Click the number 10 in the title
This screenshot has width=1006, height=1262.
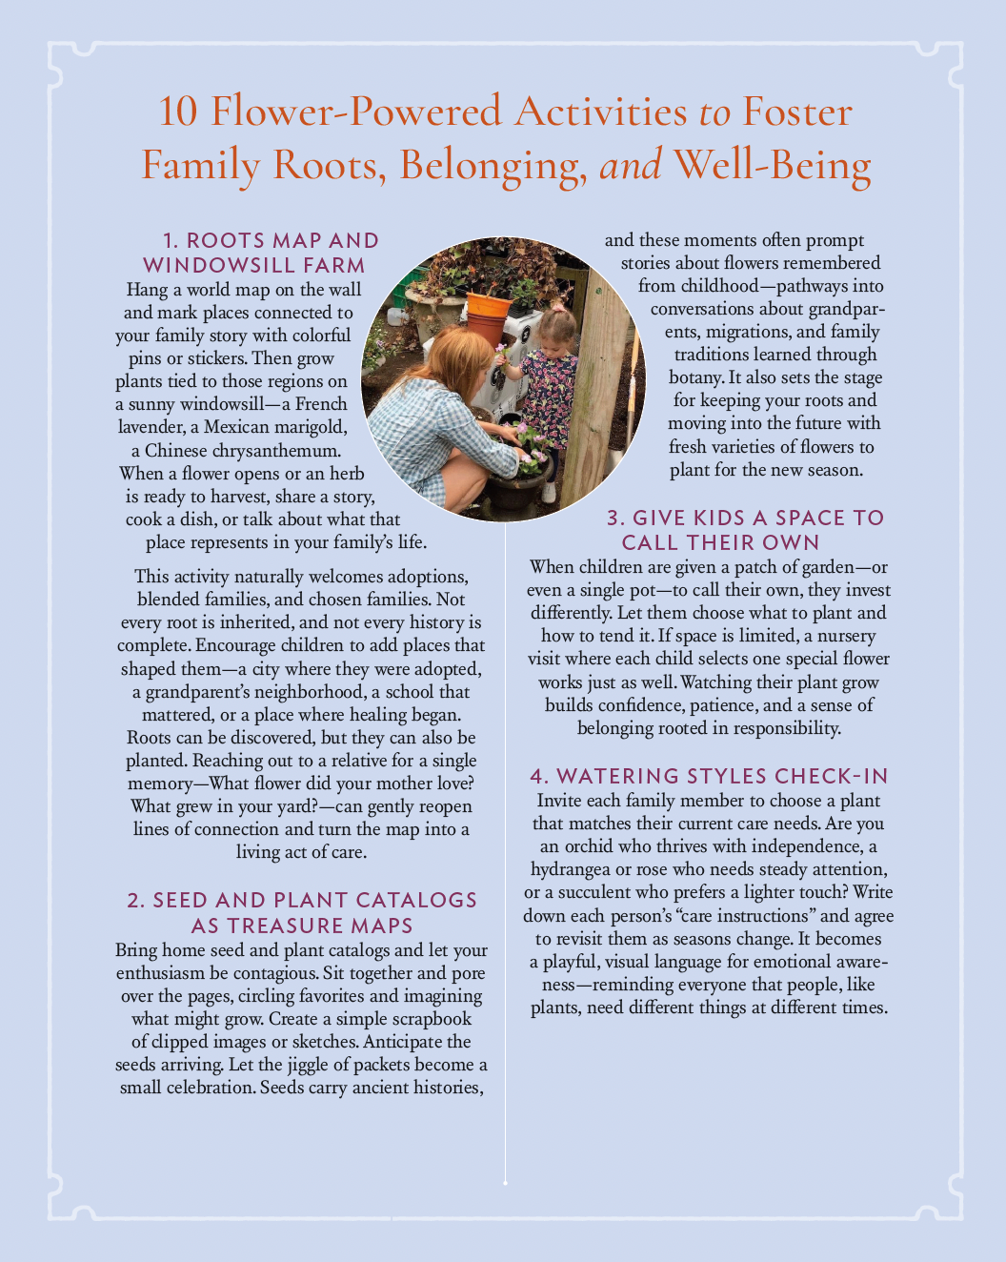(x=178, y=112)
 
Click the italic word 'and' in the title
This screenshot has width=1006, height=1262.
(x=630, y=165)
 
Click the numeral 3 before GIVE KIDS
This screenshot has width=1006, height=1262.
(x=615, y=518)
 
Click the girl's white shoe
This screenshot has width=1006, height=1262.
(x=549, y=491)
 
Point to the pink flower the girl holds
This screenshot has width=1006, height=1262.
(x=499, y=350)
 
